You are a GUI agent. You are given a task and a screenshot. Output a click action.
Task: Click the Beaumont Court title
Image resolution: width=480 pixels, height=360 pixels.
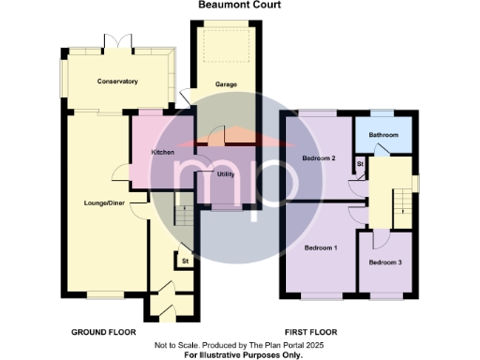[240, 5]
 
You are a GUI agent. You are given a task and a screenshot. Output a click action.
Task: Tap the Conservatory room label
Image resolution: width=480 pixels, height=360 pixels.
[118, 82]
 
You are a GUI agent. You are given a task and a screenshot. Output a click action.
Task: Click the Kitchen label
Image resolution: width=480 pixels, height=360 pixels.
[164, 151]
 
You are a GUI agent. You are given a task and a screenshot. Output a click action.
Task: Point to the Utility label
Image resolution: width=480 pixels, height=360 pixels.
[225, 174]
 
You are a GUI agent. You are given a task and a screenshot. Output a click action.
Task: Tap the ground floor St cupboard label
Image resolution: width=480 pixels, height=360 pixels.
[185, 260]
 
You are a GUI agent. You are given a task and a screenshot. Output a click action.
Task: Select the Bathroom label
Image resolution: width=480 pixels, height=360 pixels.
[383, 135]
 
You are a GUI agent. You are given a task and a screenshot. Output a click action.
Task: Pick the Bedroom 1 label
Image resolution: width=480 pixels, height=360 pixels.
[322, 247]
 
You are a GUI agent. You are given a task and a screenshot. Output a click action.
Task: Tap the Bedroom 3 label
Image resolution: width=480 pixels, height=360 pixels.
[384, 262]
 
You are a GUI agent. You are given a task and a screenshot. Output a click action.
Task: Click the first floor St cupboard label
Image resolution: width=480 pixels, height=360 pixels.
[360, 164]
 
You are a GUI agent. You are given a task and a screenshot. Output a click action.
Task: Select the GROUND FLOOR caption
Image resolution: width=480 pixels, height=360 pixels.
[103, 333]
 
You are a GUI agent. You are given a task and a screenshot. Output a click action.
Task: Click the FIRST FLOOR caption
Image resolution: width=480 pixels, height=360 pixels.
[310, 333]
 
